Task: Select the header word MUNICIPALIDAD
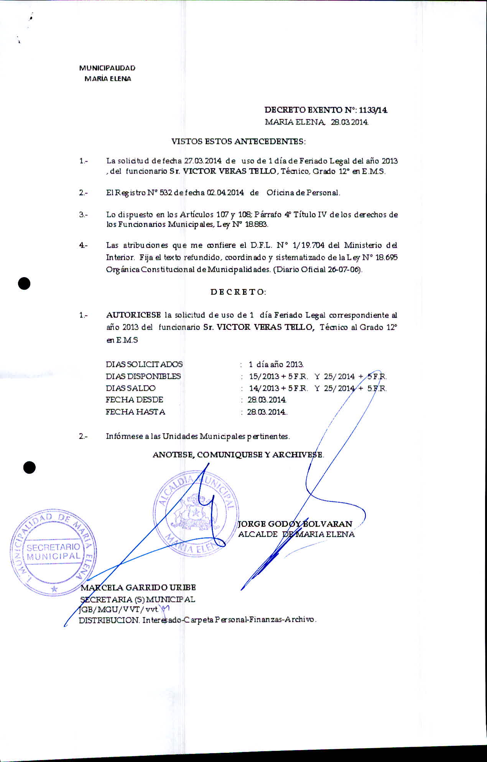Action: point(107,68)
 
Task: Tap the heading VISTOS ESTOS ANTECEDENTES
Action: point(238,141)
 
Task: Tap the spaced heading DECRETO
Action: point(238,292)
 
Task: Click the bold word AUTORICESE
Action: point(133,315)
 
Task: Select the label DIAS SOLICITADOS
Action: point(144,364)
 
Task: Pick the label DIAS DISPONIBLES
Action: point(143,376)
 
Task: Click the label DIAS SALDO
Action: point(130,388)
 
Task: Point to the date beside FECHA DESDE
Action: point(267,400)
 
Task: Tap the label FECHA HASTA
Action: point(135,412)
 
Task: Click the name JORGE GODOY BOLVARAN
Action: point(295,524)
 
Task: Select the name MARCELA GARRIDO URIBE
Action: point(138,587)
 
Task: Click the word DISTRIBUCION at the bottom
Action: point(109,620)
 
